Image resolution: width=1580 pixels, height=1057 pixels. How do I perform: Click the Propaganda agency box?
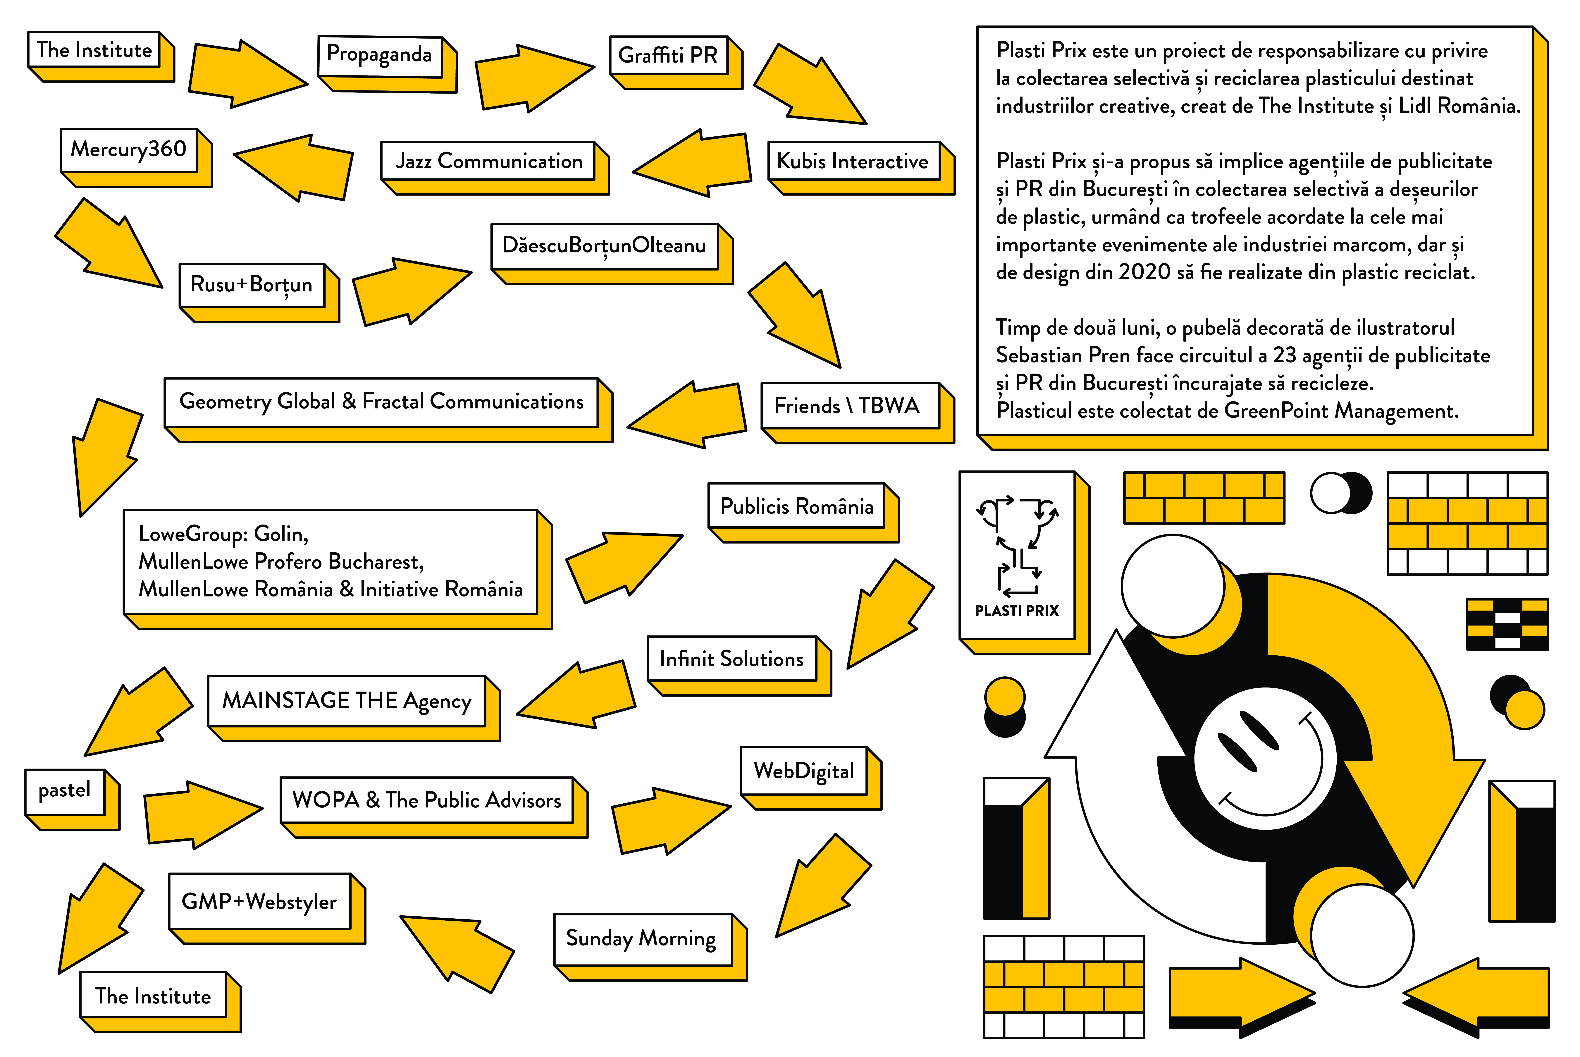coord(379,55)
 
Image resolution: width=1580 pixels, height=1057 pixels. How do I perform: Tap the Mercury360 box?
coord(129,149)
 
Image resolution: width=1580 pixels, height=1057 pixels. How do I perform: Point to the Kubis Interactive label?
coord(853,161)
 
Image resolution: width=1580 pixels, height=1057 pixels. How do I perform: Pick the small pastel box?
coord(65,790)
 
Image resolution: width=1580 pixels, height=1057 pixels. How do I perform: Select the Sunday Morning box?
coord(641,938)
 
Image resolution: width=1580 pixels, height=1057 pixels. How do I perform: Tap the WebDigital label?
coord(803,771)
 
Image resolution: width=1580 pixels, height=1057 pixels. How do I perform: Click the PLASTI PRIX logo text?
coord(1016,611)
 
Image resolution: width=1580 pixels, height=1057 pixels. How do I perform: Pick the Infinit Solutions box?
coord(731,659)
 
